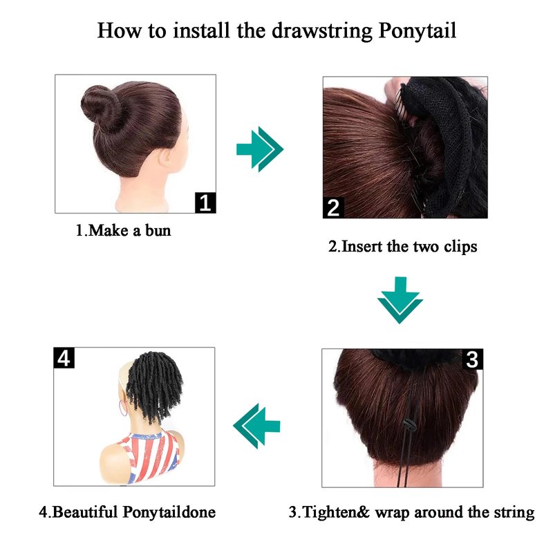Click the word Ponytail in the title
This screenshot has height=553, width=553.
pyautogui.click(x=418, y=31)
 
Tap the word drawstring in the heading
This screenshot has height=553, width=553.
pyautogui.click(x=322, y=31)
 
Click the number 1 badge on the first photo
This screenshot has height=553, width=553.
pyautogui.click(x=205, y=203)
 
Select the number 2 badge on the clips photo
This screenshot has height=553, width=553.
pyautogui.click(x=333, y=208)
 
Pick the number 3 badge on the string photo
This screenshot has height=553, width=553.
pyautogui.click(x=472, y=359)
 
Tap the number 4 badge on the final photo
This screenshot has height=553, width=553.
pyautogui.click(x=64, y=357)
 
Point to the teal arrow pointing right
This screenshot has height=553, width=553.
pyautogui.click(x=260, y=149)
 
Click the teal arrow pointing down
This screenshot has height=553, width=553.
pyautogui.click(x=400, y=300)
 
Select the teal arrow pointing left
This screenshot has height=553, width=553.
pyautogui.click(x=256, y=426)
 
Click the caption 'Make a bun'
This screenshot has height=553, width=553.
pyautogui.click(x=129, y=231)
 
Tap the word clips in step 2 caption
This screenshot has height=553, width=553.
pyautogui.click(x=460, y=247)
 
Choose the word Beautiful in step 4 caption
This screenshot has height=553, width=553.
pyautogui.click(x=84, y=512)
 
